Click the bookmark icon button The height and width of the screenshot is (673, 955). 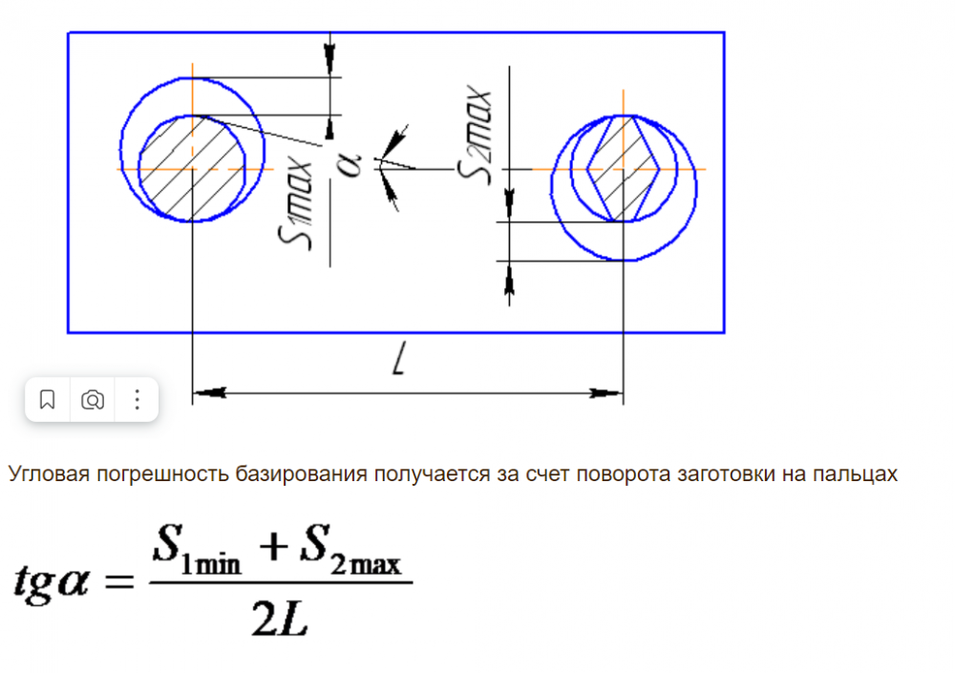[x=48, y=400]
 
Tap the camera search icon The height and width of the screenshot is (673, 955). [x=93, y=400]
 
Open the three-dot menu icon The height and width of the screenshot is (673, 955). [x=137, y=400]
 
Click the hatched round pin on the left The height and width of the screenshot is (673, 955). [x=194, y=168]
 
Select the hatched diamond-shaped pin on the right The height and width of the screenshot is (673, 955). [x=624, y=168]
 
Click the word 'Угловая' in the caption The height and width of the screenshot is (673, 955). [x=44, y=474]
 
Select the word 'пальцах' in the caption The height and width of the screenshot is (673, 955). [x=861, y=474]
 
